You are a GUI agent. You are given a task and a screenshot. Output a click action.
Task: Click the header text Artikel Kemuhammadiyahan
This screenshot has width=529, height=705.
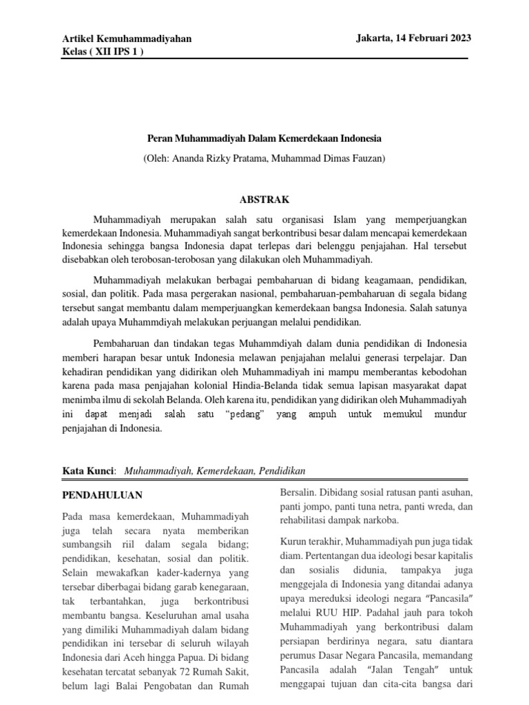pos(127,39)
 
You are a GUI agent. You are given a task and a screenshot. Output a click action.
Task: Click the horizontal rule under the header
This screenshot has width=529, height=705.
pos(264,59)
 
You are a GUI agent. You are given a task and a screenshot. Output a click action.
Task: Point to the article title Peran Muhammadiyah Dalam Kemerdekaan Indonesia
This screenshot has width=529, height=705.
pos(265,138)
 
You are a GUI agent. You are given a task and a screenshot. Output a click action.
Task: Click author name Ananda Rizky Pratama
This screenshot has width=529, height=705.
pos(220,158)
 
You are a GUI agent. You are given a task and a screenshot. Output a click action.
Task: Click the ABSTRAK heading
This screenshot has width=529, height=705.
pos(264,200)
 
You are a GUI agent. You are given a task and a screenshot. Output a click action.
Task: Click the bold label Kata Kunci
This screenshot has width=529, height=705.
pos(87,471)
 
